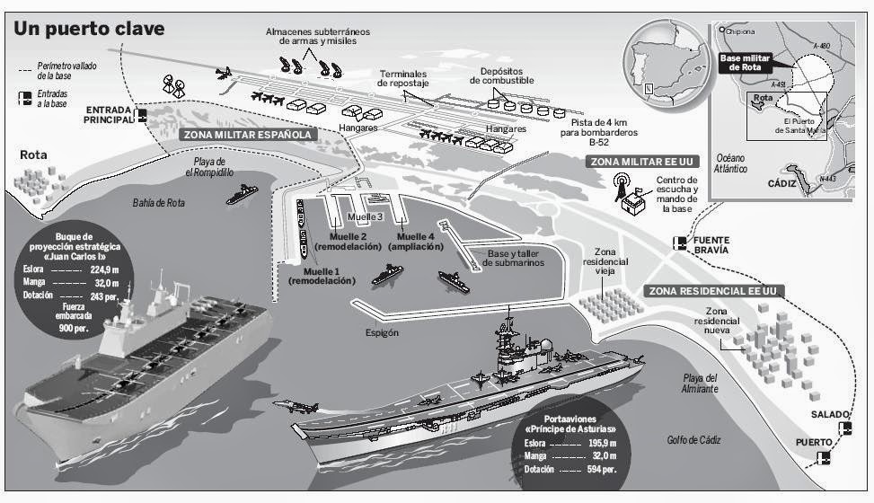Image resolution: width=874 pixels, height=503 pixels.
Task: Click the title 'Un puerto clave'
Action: pyautogui.click(x=88, y=29)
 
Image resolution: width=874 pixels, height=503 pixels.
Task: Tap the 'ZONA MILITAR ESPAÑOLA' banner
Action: pyautogui.click(x=249, y=135)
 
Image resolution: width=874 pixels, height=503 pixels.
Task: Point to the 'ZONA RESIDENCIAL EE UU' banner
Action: pyautogui.click(x=712, y=291)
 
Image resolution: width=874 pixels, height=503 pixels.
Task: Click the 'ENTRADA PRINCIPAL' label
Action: pyautogui.click(x=109, y=115)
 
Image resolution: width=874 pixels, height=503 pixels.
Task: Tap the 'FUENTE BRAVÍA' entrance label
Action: pyautogui.click(x=722, y=245)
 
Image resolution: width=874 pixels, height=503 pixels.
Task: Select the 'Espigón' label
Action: pyautogui.click(x=382, y=331)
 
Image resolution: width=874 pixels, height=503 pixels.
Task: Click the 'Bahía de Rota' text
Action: pyautogui.click(x=157, y=202)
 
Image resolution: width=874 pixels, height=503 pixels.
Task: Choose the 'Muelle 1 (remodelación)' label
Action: pyautogui.click(x=322, y=276)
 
